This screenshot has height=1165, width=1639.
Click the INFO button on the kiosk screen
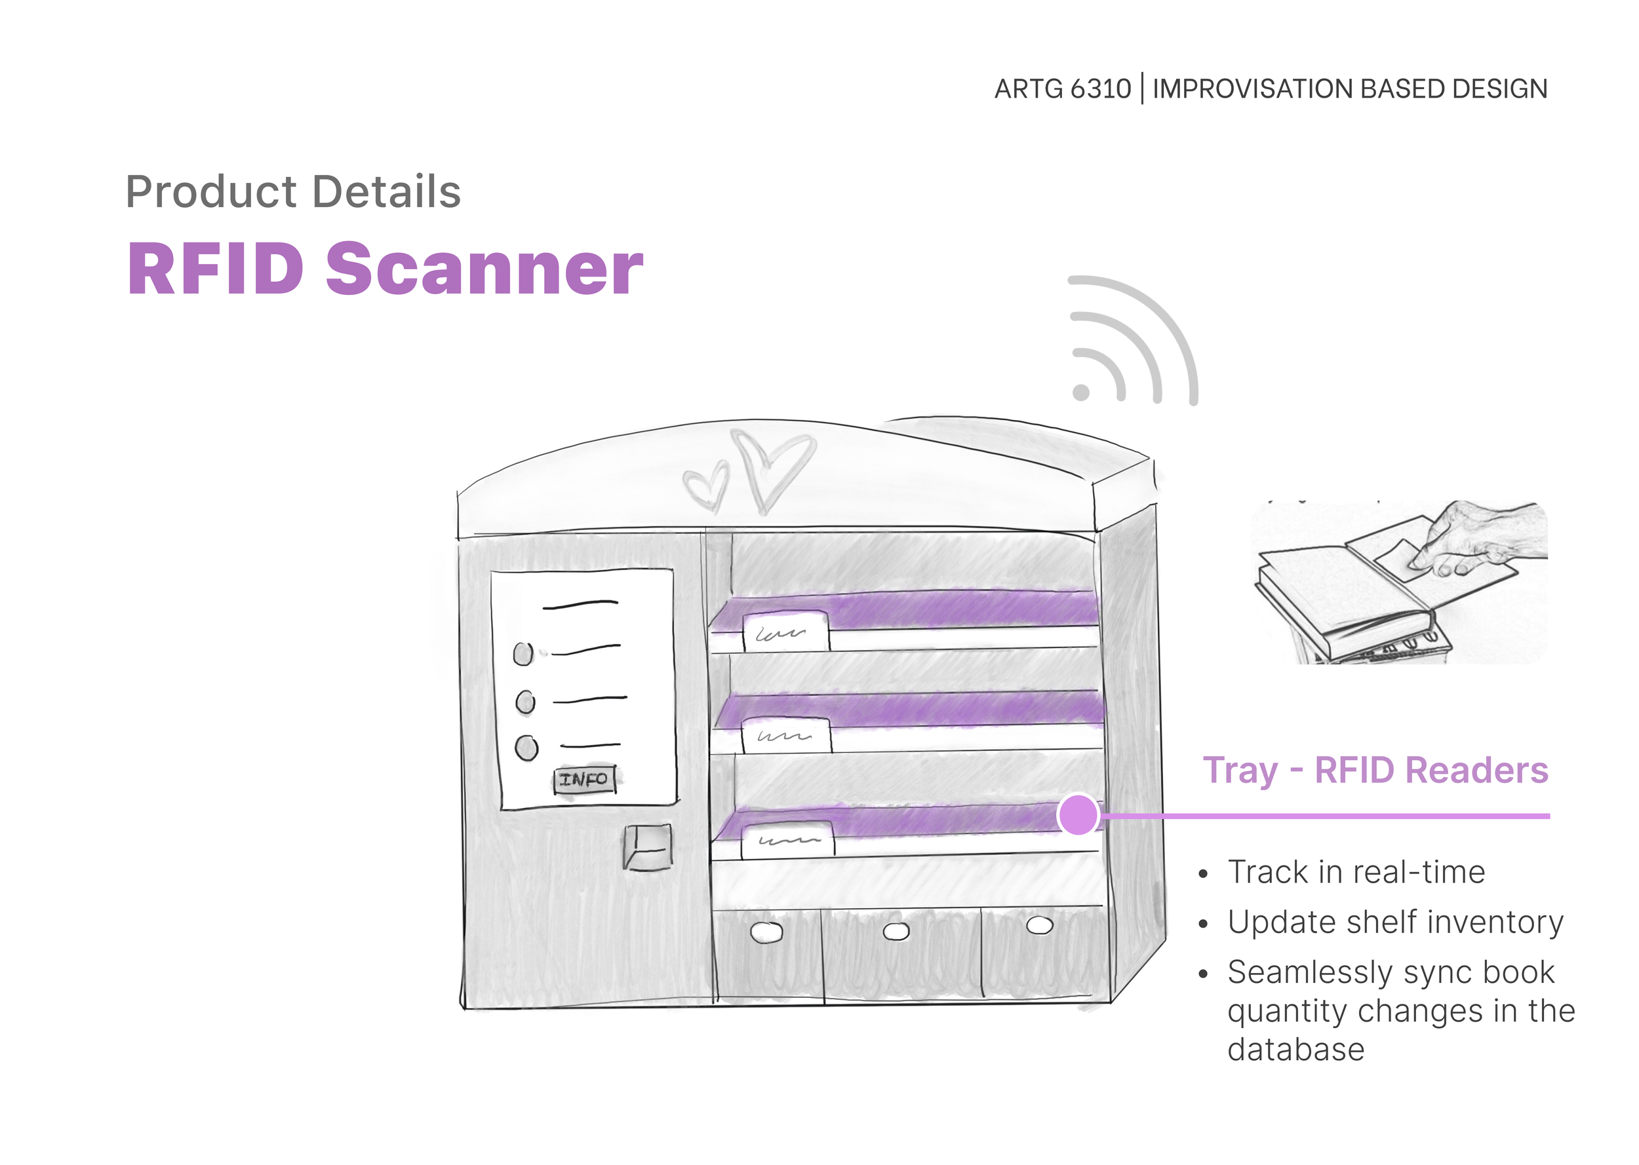click(584, 780)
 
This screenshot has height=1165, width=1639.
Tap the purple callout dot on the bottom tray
click(1077, 815)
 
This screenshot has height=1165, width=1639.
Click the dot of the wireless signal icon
click(1080, 392)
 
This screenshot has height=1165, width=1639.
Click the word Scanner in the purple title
click(484, 269)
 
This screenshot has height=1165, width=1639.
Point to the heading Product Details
click(293, 191)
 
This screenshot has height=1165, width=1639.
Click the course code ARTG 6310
click(1062, 89)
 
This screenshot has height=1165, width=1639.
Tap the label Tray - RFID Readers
click(1375, 771)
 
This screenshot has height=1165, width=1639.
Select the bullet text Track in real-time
click(1356, 872)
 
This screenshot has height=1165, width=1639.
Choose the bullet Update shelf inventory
click(1394, 923)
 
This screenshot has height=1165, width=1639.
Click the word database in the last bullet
click(1295, 1050)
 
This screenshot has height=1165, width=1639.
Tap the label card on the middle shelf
click(787, 735)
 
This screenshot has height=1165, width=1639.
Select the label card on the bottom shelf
click(788, 840)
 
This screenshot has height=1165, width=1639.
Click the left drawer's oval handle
click(766, 932)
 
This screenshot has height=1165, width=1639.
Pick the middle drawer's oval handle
click(896, 931)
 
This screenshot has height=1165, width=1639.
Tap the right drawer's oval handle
click(1039, 925)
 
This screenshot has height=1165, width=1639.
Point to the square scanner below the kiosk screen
click(648, 847)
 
